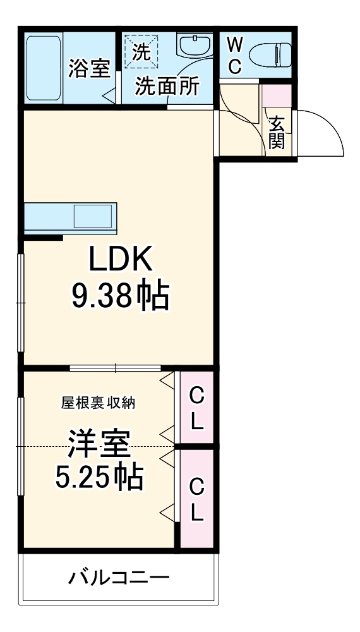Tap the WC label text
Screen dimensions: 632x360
[x=234, y=55]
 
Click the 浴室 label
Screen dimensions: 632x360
[x=89, y=69]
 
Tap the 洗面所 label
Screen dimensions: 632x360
[x=167, y=86]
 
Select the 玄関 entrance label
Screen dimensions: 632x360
[x=276, y=133]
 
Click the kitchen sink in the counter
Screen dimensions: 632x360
[x=93, y=217]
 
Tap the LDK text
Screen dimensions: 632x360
[x=119, y=259]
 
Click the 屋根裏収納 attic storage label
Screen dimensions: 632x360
[x=97, y=402]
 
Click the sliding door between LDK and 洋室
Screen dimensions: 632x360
[x=115, y=368]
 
